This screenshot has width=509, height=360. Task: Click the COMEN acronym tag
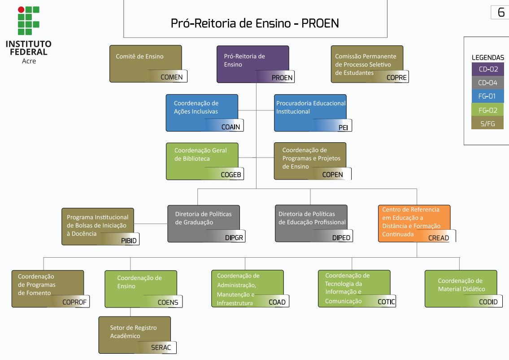(x=171, y=77)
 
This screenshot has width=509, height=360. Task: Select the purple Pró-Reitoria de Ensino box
(x=252, y=63)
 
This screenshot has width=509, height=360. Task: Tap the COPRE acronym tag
(x=396, y=77)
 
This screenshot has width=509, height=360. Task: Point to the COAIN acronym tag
(x=231, y=127)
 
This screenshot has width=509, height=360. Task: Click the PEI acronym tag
(x=343, y=127)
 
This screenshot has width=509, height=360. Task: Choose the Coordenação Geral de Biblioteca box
(x=202, y=161)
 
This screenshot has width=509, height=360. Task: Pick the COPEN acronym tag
(x=332, y=175)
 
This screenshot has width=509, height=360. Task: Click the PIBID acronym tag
(x=129, y=241)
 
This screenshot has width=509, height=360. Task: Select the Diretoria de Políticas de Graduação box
(x=204, y=223)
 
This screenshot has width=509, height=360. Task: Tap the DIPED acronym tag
(x=341, y=237)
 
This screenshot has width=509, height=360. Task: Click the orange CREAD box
(x=414, y=223)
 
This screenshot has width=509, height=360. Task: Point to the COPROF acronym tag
(x=74, y=302)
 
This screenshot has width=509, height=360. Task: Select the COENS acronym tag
(x=168, y=302)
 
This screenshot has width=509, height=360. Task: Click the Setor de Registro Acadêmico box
(x=135, y=334)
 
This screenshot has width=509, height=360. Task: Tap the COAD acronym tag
(x=277, y=302)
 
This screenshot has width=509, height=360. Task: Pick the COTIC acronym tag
(x=386, y=302)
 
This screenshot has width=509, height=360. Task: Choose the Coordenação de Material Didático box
(x=461, y=288)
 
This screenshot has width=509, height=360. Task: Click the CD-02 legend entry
(x=487, y=69)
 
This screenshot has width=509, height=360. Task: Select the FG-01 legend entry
(x=487, y=96)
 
